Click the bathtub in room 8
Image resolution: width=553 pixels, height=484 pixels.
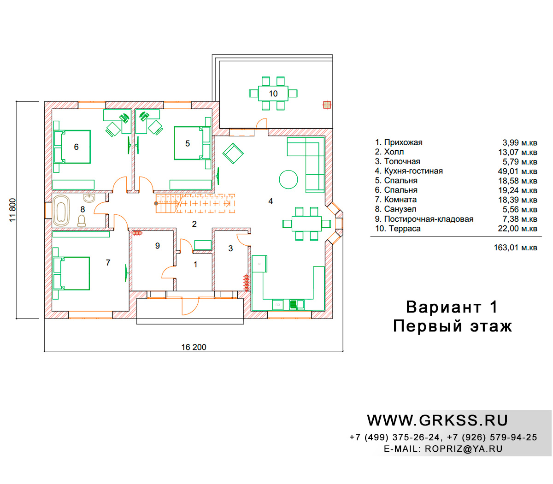click(61, 210)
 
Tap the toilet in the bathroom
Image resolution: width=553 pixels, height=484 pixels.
click(82, 221)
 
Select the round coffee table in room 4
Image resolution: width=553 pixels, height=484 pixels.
click(288, 179)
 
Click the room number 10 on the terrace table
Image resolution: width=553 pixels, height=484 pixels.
click(273, 94)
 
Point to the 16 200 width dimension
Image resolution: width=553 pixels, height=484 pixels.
click(194, 347)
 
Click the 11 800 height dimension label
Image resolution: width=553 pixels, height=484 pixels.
click(13, 210)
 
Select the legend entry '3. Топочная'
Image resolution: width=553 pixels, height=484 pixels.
click(397, 161)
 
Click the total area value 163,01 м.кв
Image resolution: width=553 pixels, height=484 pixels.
click(515, 248)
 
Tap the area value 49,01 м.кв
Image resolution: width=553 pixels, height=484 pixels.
click(518, 171)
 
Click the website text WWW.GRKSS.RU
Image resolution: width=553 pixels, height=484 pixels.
click(437, 420)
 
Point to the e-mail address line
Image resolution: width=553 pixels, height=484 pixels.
click(443, 449)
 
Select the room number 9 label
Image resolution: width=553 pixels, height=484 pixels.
click(157, 246)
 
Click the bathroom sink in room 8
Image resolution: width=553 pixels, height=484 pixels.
click(89, 198)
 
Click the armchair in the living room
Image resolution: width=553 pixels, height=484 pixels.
click(233, 153)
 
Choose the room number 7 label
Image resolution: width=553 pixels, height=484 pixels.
click(108, 262)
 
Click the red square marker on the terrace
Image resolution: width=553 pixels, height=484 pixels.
click(327, 105)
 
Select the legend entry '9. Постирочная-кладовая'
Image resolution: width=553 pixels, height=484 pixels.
click(424, 219)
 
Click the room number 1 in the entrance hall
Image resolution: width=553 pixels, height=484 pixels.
click(195, 264)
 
